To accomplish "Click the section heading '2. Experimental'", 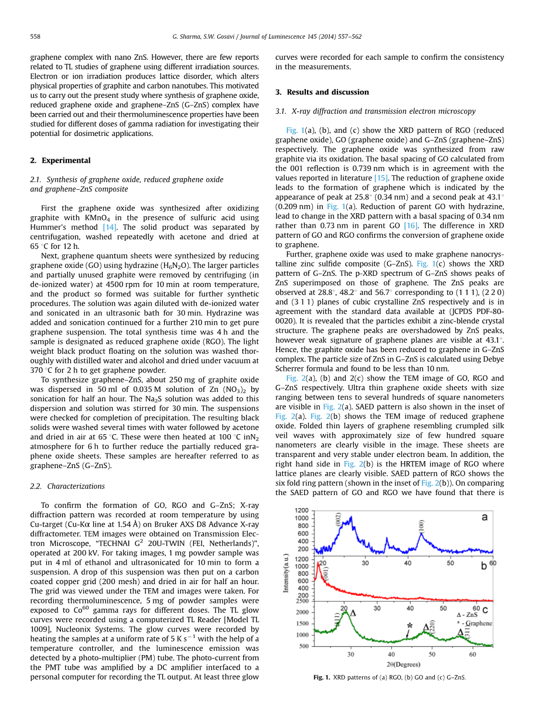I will (60, 161).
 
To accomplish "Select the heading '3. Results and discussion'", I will (322, 92).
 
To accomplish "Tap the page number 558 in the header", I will (35, 36).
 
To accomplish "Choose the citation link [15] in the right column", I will (381, 178).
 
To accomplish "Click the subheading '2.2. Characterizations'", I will (67, 486).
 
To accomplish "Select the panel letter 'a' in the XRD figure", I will (485, 517).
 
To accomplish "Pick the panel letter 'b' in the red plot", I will (484, 566).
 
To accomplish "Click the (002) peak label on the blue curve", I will (338, 520).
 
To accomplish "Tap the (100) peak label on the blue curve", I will (420, 526).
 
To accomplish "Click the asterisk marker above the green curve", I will (409, 626).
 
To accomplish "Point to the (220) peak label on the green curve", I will (432, 626).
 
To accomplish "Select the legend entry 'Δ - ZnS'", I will (466, 615).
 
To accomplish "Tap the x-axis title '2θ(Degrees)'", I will (404, 664).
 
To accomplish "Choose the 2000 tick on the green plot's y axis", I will (302, 612).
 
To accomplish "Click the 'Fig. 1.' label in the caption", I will (322, 677).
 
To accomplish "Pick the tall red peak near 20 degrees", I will (318, 564).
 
